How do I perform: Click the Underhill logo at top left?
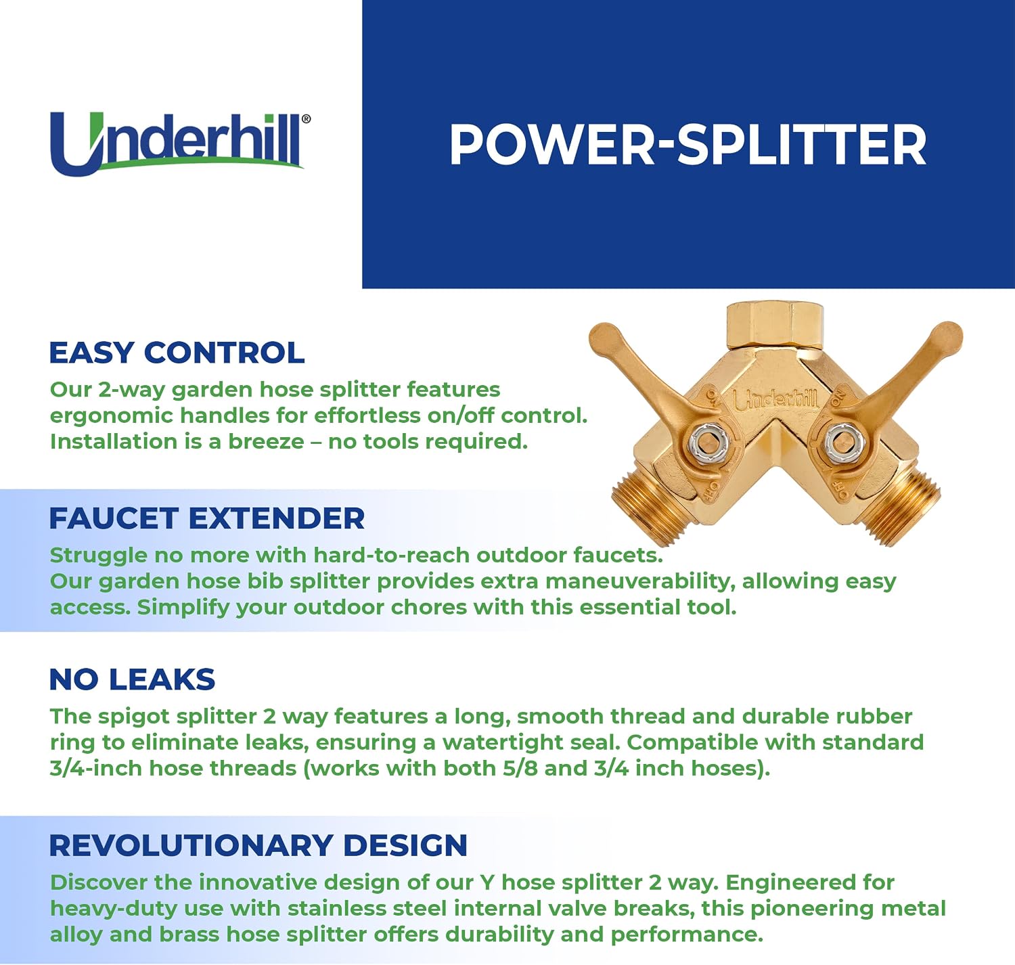[x=180, y=144]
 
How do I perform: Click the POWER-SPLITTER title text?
[x=687, y=145]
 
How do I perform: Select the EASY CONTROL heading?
[x=177, y=353]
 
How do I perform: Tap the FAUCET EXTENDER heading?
[x=206, y=518]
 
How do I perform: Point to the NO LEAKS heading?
[x=132, y=679]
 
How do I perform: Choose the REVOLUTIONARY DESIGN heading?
[x=258, y=846]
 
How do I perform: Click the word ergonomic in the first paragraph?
[x=108, y=416]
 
